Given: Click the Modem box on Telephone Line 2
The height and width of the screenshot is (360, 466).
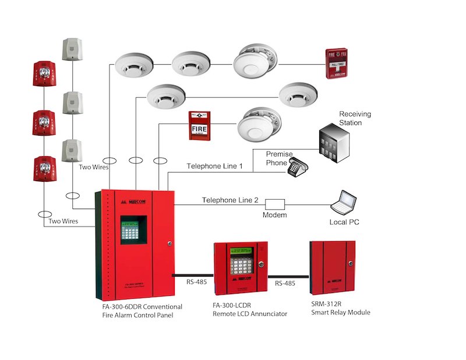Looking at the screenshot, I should point(275,204).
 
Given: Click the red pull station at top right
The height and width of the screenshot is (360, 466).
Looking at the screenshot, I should point(339,63).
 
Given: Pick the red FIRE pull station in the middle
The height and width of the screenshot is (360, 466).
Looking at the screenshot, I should point(199,125).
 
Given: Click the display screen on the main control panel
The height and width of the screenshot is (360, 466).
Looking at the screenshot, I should point(131,230).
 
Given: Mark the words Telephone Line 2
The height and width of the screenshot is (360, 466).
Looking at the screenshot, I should point(230,200).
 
